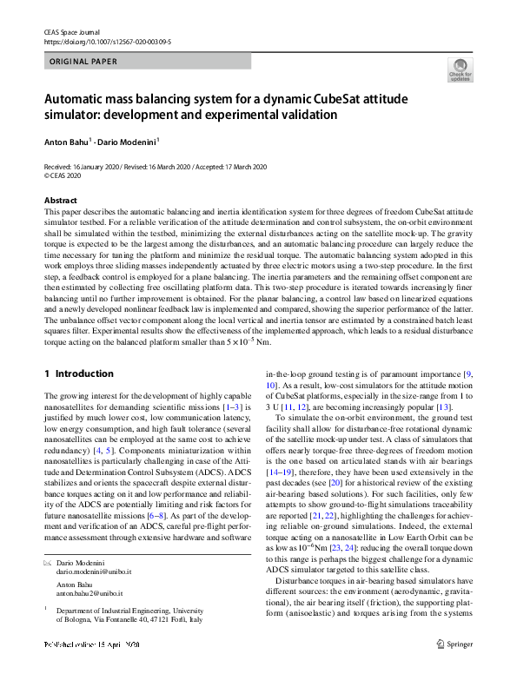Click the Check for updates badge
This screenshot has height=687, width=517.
460,69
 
